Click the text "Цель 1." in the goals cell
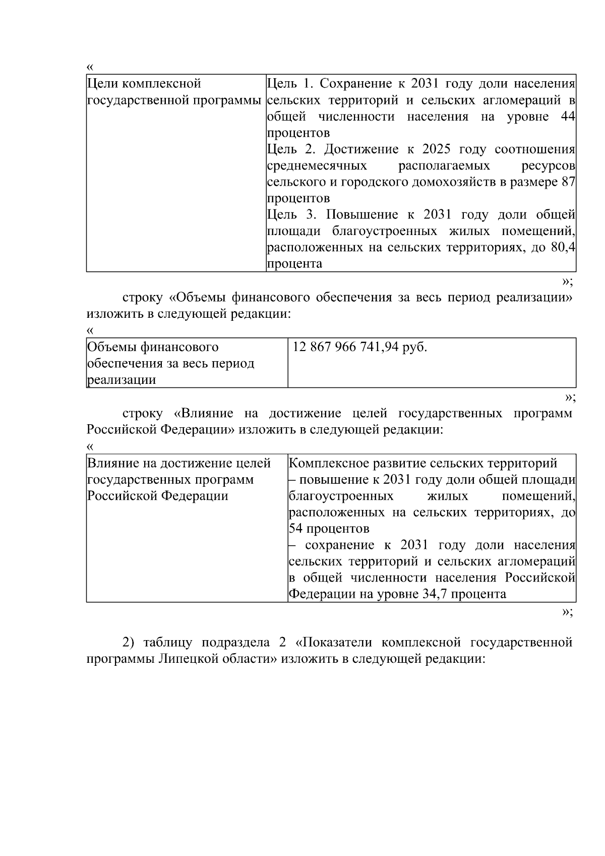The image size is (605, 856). [x=286, y=83]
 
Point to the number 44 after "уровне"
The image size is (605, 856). [x=568, y=117]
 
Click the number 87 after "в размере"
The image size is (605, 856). [x=568, y=182]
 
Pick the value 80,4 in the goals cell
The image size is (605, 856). [x=564, y=248]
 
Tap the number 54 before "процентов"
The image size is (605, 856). [x=295, y=529]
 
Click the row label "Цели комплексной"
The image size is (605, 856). [x=144, y=83]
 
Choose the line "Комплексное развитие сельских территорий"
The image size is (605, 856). [x=423, y=463]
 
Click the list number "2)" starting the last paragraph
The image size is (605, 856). [x=129, y=642]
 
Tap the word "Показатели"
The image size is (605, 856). [x=339, y=642]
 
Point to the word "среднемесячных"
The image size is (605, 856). [x=317, y=165]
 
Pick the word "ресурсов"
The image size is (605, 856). [x=548, y=165]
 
